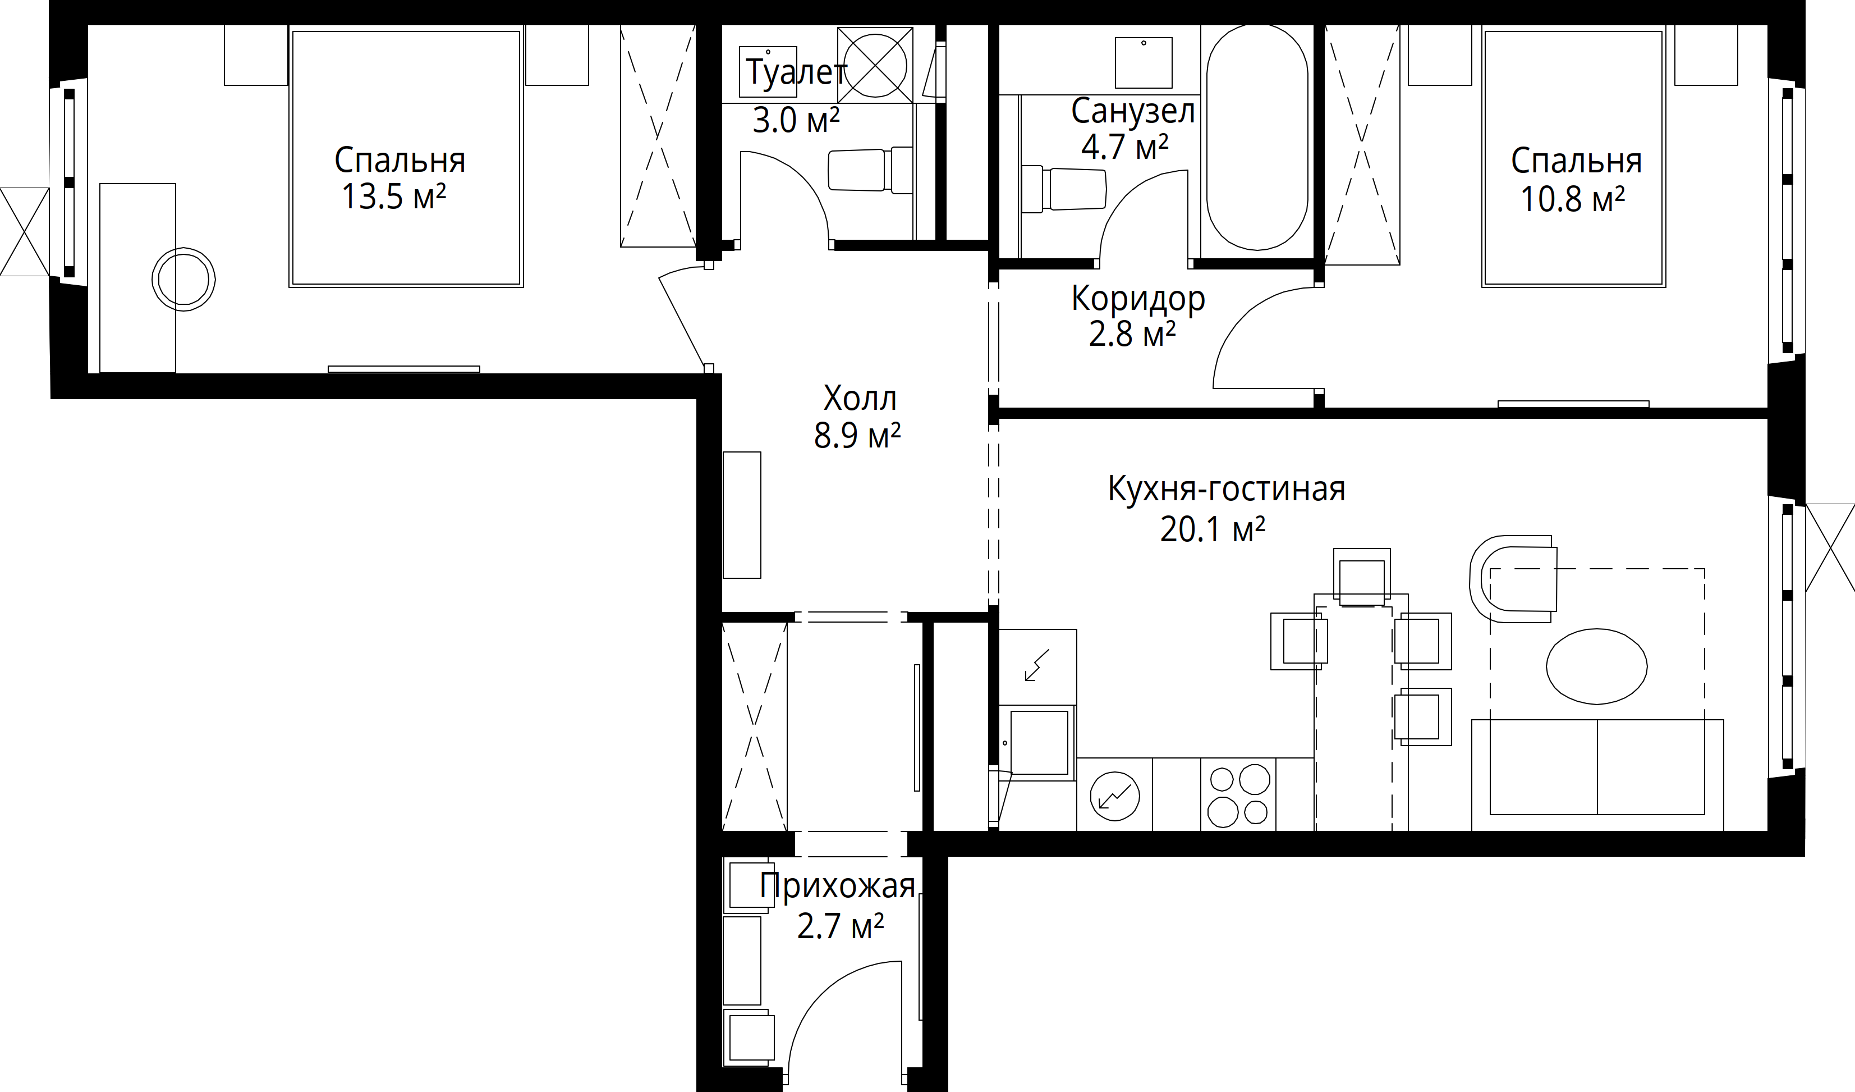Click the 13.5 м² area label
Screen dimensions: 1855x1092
394,197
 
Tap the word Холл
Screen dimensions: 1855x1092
860,399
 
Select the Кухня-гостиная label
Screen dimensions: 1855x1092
1227,489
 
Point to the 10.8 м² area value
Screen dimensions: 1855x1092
1572,199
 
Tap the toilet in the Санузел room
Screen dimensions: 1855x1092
1064,190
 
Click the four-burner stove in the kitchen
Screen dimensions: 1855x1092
1238,794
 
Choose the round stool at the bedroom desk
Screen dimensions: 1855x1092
183,279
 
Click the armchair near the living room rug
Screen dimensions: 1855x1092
1513,579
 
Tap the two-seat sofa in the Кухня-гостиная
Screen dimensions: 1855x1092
1597,774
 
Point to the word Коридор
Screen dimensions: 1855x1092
1138,298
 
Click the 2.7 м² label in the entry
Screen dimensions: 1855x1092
841,926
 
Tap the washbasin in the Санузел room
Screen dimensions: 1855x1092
1143,62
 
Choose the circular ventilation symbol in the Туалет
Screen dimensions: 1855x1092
875,65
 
